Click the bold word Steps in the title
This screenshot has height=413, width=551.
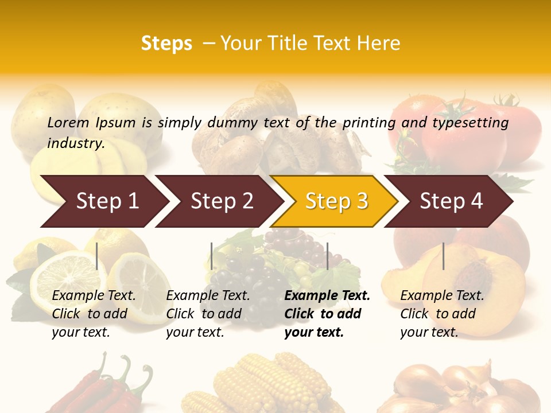[x=166, y=44]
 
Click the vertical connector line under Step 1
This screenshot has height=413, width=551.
[x=97, y=256]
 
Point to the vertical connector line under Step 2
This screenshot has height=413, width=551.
[x=212, y=256]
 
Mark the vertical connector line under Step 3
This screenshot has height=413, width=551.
[x=327, y=256]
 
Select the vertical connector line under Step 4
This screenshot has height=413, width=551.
[x=443, y=256]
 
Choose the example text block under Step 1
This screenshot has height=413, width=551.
[x=94, y=314]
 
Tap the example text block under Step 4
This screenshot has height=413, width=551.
[x=442, y=314]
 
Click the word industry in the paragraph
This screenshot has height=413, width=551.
[x=76, y=143]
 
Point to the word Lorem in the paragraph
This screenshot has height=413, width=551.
[x=68, y=122]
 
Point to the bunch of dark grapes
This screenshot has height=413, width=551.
[x=241, y=281]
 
